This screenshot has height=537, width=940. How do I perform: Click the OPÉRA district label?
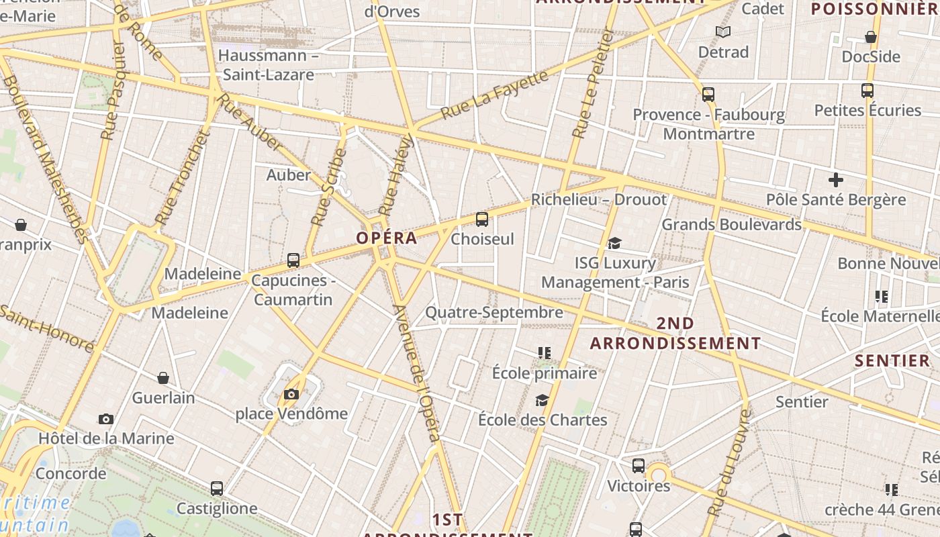pyautogui.click(x=387, y=238)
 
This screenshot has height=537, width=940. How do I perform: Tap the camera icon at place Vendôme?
pyautogui.click(x=291, y=394)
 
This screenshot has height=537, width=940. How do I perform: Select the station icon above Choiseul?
pyautogui.click(x=481, y=219)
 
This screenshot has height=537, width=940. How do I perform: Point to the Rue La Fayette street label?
pyautogui.click(x=495, y=95)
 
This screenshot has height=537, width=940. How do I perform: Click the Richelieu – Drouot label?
pyautogui.click(x=599, y=199)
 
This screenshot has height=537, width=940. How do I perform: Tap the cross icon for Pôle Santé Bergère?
pyautogui.click(x=836, y=180)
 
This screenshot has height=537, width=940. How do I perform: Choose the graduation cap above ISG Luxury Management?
pyautogui.click(x=614, y=243)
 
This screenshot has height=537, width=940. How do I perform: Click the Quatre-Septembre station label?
pyautogui.click(x=494, y=312)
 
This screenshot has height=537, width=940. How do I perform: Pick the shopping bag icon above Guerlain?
pyautogui.click(x=163, y=378)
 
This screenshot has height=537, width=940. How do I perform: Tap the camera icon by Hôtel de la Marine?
pyautogui.click(x=106, y=419)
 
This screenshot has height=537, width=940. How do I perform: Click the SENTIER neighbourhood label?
pyautogui.click(x=892, y=360)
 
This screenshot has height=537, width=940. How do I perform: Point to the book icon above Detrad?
pyautogui.click(x=723, y=32)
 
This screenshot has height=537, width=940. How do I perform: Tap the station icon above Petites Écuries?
pyautogui.click(x=867, y=90)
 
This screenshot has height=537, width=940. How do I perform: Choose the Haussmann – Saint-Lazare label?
pyautogui.click(x=269, y=64)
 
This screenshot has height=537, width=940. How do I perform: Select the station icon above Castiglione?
pyautogui.click(x=216, y=489)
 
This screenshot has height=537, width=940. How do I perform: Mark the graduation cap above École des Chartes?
pyautogui.click(x=542, y=401)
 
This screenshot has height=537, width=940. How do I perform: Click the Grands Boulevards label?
pyautogui.click(x=732, y=224)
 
